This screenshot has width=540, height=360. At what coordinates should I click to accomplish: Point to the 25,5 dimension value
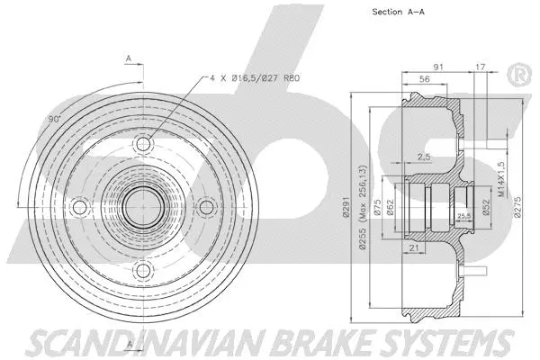click(x=464, y=216)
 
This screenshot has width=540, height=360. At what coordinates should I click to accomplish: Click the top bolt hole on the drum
click(x=142, y=145)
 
